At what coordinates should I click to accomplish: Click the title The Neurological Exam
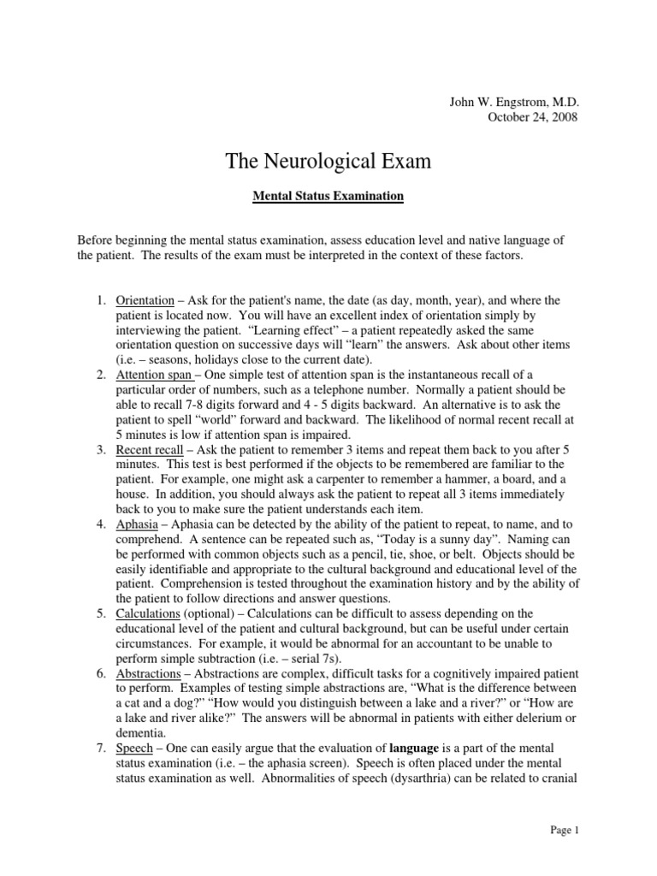click(328, 161)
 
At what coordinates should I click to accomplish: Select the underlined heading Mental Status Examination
click(328, 197)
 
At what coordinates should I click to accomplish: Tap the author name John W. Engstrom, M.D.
click(514, 101)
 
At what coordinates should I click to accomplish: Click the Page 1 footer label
click(565, 829)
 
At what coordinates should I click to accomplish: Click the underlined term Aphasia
click(137, 523)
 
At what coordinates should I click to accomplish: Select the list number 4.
click(100, 523)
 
